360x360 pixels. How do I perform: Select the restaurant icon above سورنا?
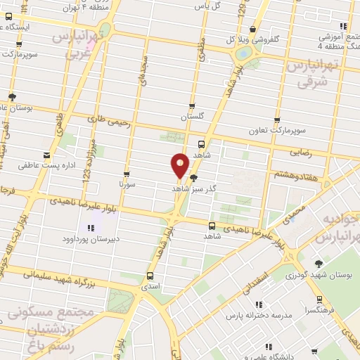127,174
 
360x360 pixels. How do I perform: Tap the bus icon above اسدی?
150,276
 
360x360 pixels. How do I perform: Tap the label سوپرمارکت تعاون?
277,131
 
